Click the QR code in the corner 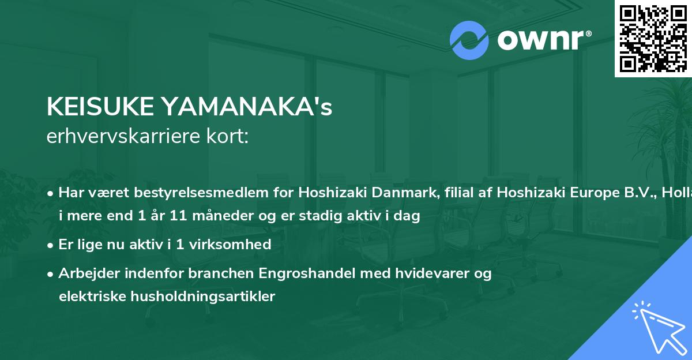click(653, 38)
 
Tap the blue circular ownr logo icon click(469, 40)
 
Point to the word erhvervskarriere click(125, 136)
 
